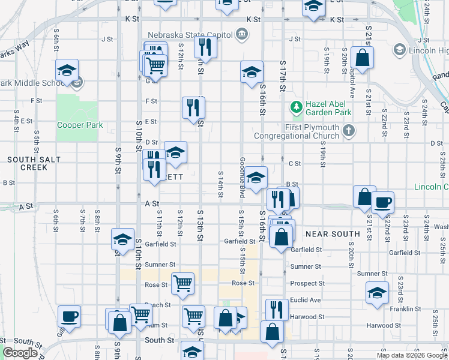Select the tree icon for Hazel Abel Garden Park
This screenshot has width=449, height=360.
pos(296,107)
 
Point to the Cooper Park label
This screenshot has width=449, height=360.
pos(80,125)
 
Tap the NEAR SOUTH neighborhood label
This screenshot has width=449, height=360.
pos(333,233)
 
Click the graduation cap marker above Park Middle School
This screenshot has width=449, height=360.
pos(67,70)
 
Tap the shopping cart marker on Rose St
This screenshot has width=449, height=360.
pos(182,283)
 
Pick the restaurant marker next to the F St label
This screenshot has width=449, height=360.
pos(193,107)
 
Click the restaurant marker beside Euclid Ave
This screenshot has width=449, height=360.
pos(276,309)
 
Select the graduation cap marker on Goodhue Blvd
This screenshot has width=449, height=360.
pos(256,177)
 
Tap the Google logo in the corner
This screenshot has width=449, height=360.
pos(20,353)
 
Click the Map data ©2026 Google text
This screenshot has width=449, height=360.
pos(411,355)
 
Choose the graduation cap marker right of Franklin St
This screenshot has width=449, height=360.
pos(377,293)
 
